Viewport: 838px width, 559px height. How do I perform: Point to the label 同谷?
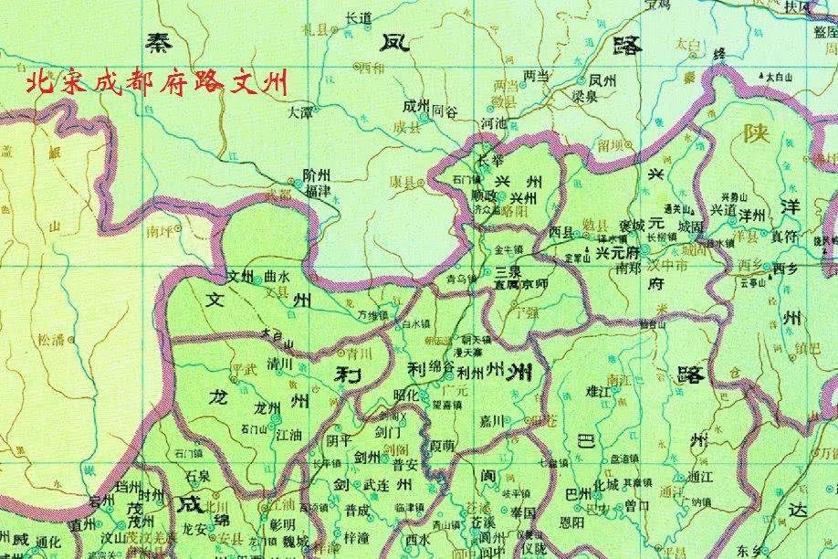pos(443,109)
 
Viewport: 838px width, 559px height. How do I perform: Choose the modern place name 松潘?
pos(51,342)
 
